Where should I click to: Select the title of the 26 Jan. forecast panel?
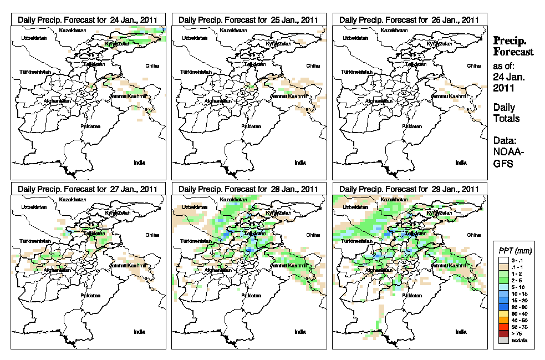(x=409, y=19)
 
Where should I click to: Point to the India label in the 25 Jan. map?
(x=300, y=163)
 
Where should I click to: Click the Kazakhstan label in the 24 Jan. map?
(x=74, y=30)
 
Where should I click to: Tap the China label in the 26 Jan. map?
(x=473, y=65)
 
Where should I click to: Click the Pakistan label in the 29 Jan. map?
(x=411, y=296)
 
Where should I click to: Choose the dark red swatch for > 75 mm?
(x=502, y=333)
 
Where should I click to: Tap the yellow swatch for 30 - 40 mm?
(x=502, y=314)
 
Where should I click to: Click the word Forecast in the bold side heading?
(x=513, y=52)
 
